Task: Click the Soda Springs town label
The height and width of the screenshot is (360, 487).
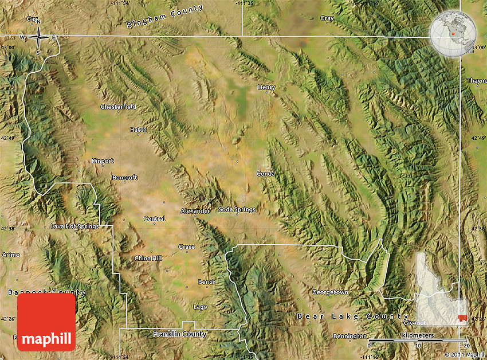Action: coord(237,209)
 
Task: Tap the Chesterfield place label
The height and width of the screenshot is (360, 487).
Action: coord(119,107)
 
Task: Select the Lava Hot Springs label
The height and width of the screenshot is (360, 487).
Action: coord(74,226)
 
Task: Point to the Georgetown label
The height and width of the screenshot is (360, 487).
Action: coord(330,292)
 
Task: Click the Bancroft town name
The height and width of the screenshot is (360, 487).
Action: coord(125,178)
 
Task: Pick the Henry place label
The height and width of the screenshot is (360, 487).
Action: coord(266,88)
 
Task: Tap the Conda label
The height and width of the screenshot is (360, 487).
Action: coord(266,174)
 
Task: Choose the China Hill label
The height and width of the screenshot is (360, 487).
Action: coord(148,259)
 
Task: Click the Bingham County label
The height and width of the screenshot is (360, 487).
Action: coord(164,17)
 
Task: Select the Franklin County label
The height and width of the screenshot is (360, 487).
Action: coord(179,334)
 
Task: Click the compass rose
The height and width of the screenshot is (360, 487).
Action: coord(38,38)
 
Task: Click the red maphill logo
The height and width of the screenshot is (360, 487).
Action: coord(46,322)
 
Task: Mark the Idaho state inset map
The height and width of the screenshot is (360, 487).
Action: coord(441,289)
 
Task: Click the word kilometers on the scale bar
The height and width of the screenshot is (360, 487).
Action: coord(418,335)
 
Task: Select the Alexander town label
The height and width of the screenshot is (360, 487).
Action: coord(195,211)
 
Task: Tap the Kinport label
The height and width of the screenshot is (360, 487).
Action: coord(103,161)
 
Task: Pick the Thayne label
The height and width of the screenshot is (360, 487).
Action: coord(477,81)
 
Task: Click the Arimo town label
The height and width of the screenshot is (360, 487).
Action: coord(11,255)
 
